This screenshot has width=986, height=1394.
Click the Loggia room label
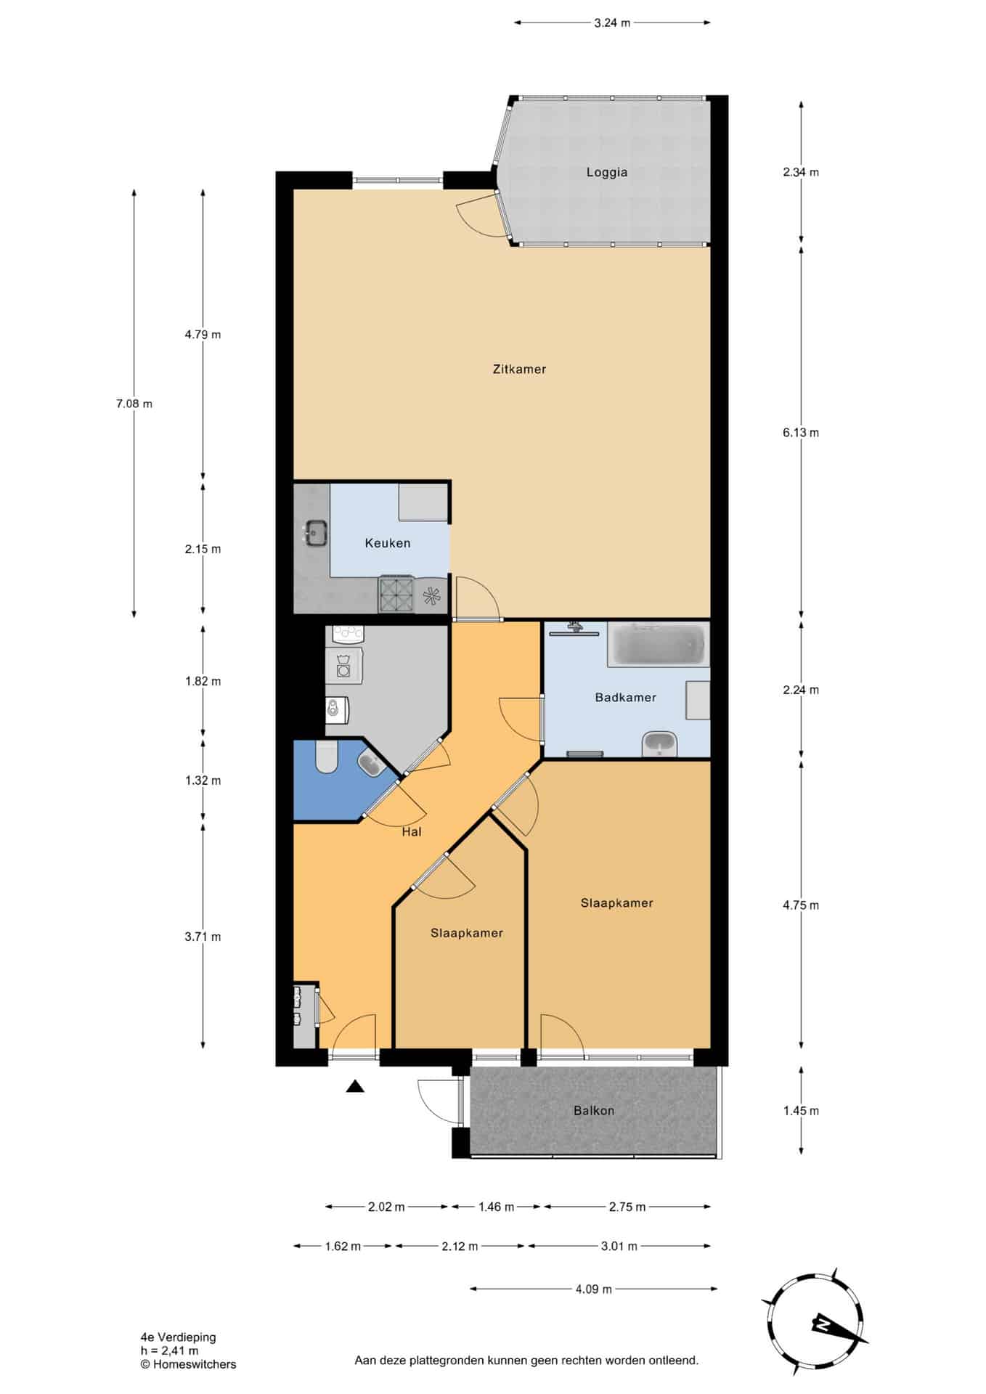point(606,173)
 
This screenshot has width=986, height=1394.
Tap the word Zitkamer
point(519,369)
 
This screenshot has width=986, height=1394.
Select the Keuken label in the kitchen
point(388,543)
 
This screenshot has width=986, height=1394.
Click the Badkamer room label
point(625,697)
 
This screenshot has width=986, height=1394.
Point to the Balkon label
point(594,1110)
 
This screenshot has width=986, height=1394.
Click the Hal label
point(412,832)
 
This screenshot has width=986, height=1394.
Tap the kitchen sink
point(315,532)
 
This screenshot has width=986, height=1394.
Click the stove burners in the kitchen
point(396,595)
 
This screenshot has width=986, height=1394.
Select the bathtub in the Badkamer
point(657,644)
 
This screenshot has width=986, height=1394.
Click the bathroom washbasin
point(659,743)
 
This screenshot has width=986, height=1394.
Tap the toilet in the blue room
point(326,757)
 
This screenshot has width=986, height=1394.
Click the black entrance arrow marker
point(354,1086)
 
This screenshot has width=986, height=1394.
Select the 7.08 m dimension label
point(134,404)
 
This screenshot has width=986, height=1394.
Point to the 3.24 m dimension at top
point(612,23)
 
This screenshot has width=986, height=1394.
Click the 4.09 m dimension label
point(594,1289)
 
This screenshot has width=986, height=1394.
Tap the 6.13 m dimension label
point(801,433)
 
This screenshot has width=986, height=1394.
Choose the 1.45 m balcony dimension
point(801,1110)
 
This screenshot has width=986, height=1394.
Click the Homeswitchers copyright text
point(189,1364)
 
